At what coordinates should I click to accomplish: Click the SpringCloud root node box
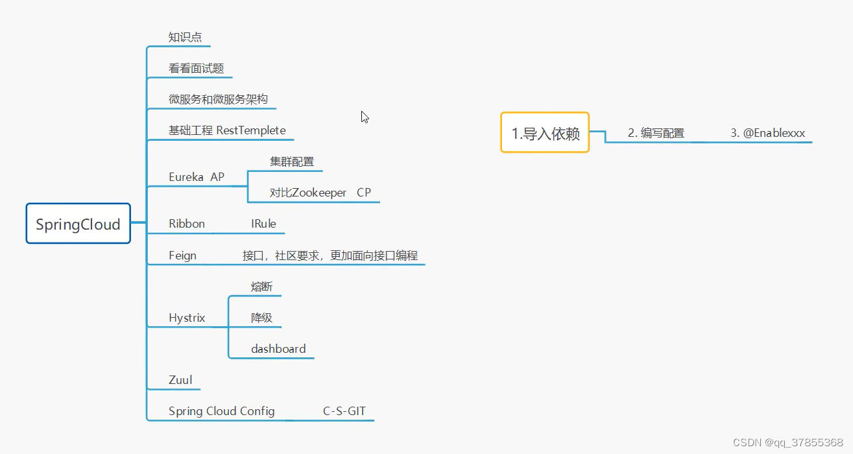[x=78, y=224]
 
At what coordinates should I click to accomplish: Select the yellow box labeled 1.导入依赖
[x=545, y=133]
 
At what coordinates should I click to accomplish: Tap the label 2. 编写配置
[x=656, y=133]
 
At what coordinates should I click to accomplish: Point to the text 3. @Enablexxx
[x=767, y=133]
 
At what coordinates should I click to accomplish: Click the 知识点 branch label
[x=185, y=37]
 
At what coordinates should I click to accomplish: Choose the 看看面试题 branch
[x=196, y=68]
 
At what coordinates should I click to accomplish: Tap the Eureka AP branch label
[x=197, y=177]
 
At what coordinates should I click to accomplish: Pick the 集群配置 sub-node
[x=292, y=161]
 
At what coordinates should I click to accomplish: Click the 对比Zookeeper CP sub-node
[x=320, y=193]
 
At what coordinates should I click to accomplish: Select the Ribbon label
[x=187, y=224]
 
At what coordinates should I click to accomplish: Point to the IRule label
[x=263, y=224]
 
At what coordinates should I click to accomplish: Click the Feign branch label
[x=182, y=256]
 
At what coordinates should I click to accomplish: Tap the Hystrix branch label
[x=187, y=318]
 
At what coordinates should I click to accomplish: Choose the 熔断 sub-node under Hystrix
[x=261, y=287]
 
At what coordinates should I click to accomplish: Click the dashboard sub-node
[x=278, y=349]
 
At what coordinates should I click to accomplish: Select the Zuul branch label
[x=180, y=380]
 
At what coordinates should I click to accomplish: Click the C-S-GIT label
[x=344, y=411]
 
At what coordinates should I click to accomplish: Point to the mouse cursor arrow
[x=365, y=117]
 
